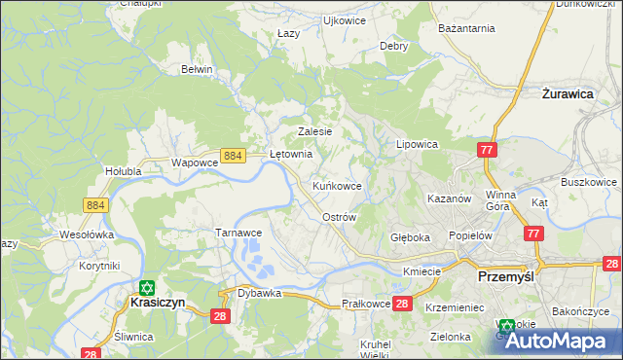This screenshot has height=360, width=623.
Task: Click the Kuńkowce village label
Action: (x=337, y=185)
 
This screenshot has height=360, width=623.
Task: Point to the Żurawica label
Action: (x=568, y=95)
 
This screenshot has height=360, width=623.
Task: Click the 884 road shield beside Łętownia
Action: (x=232, y=156)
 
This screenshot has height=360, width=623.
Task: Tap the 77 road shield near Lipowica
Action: (x=487, y=149)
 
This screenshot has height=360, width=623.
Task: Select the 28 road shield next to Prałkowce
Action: (x=404, y=304)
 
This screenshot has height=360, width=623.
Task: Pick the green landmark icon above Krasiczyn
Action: (x=146, y=287)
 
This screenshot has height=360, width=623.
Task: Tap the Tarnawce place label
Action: (x=238, y=234)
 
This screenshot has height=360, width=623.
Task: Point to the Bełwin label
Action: (x=198, y=70)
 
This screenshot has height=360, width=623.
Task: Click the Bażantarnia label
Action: (x=468, y=29)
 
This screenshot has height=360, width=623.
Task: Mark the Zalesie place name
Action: (x=314, y=131)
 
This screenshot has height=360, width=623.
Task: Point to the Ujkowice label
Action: (x=344, y=19)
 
